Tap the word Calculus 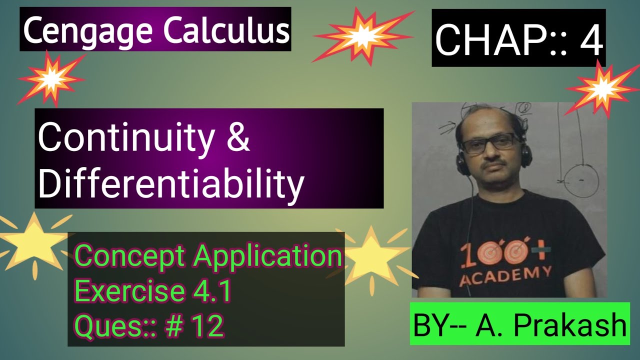226,30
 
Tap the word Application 268,256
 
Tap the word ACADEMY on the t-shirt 506,275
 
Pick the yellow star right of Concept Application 372,255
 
